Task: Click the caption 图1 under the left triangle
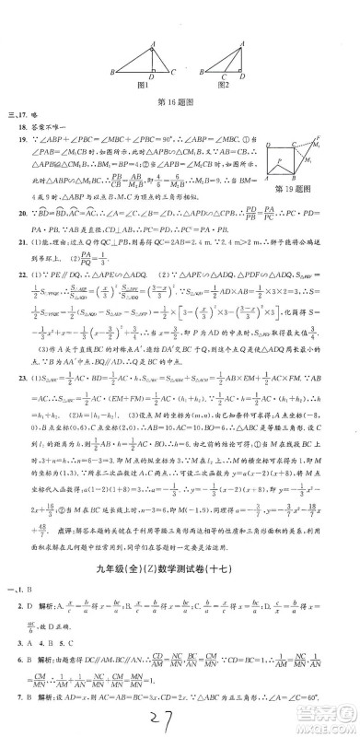click(145, 86)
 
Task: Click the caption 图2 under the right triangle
click(222, 86)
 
